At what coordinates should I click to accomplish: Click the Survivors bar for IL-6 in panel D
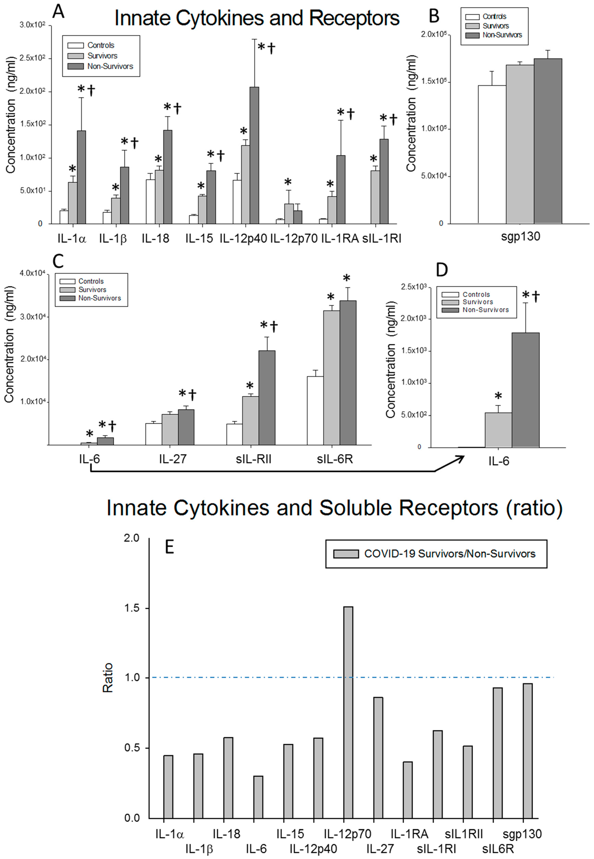[498, 429]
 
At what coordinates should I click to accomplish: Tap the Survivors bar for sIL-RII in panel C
[251, 420]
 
